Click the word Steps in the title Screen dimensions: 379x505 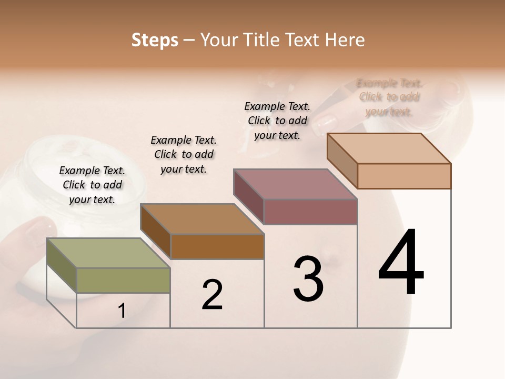click(x=154, y=40)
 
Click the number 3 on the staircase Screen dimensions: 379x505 click(x=308, y=279)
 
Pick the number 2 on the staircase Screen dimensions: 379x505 click(x=213, y=295)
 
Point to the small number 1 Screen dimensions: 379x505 click(x=122, y=311)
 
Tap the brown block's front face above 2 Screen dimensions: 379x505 click(x=217, y=246)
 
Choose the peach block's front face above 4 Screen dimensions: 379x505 click(x=404, y=176)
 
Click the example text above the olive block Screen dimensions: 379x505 click(x=92, y=185)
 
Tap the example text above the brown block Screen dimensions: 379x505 click(x=184, y=154)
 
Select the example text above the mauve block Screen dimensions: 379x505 click(x=277, y=121)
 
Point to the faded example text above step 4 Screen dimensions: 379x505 click(x=389, y=97)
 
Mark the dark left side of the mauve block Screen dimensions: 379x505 click(x=248, y=196)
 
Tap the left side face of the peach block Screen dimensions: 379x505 click(x=342, y=160)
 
